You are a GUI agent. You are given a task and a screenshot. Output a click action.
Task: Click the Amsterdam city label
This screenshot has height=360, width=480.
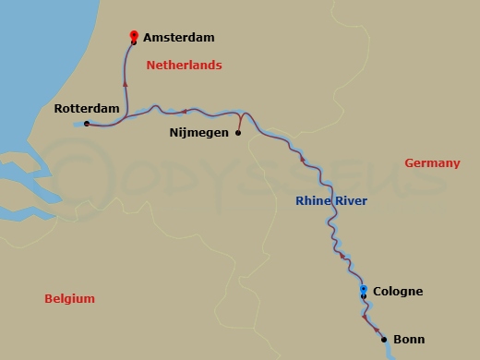click(x=180, y=38)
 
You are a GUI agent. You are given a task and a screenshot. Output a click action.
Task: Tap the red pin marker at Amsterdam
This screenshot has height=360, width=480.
click(x=134, y=34)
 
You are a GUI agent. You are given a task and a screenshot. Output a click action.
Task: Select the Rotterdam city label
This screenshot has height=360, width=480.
click(x=87, y=109)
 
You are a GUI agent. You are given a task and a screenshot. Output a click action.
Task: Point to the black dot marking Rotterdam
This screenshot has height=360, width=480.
click(x=86, y=124)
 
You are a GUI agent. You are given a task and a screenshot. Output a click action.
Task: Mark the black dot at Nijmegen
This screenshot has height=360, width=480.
click(x=238, y=133)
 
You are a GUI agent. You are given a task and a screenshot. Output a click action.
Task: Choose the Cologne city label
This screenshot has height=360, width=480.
click(x=398, y=292)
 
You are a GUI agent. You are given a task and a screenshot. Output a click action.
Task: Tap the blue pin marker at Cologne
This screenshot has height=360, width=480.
click(x=364, y=290)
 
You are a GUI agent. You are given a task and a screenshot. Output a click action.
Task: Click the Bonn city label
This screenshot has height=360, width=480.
click(x=409, y=340)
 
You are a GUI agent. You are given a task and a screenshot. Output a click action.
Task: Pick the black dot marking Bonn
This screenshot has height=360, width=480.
click(x=384, y=340)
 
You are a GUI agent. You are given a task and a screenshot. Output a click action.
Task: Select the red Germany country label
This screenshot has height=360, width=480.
click(x=432, y=163)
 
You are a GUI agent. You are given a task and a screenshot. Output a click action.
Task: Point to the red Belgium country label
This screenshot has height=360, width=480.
click(x=69, y=299)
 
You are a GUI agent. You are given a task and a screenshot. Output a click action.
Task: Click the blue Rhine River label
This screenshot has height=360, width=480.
click(x=331, y=202)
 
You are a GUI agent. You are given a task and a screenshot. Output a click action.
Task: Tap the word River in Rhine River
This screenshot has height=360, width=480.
click(x=351, y=202)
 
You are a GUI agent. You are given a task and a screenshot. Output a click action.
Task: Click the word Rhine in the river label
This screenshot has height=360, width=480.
click(x=313, y=202)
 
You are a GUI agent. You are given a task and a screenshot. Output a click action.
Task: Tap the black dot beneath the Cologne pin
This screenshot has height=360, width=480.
click(x=364, y=296)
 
